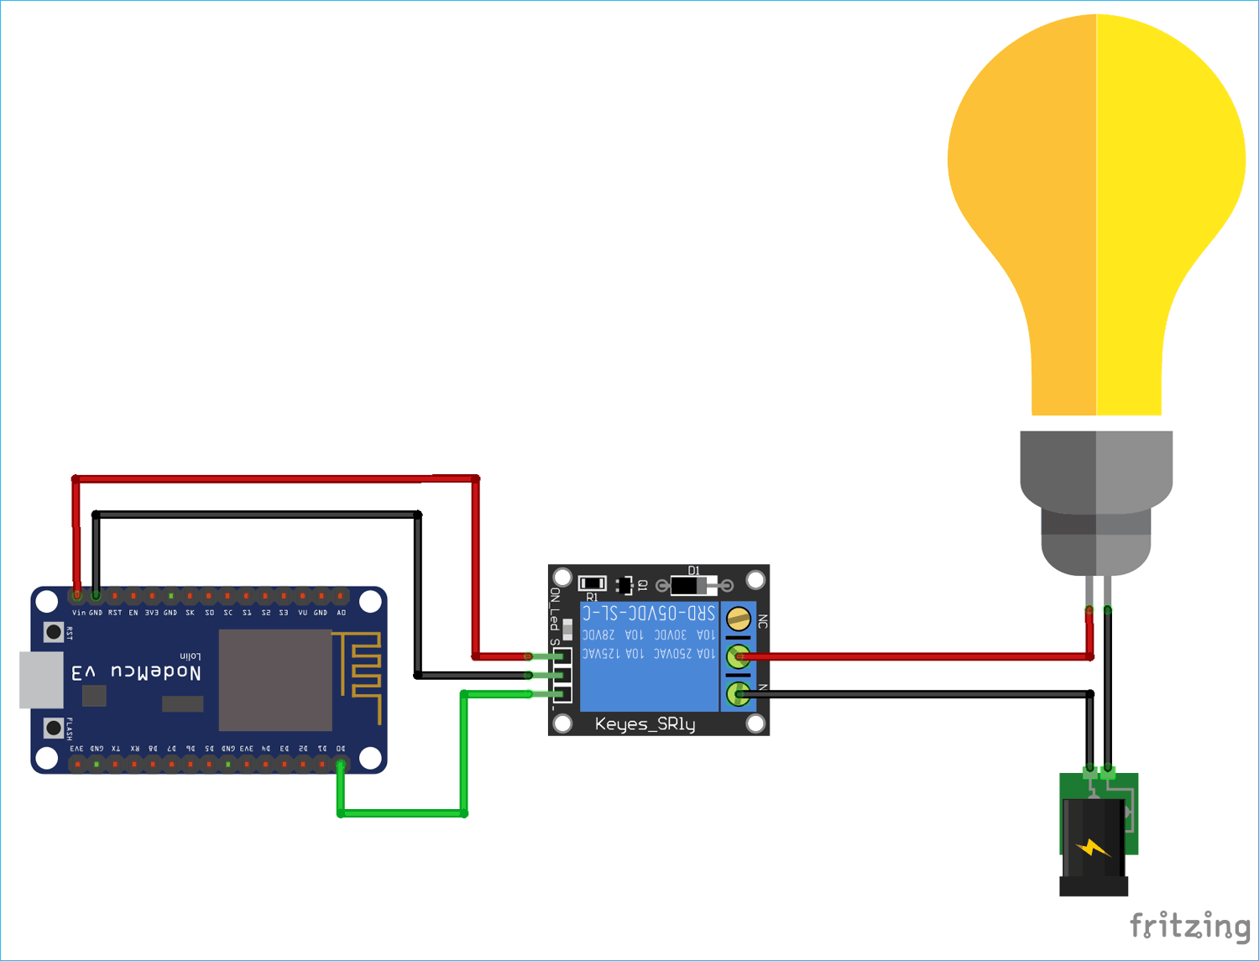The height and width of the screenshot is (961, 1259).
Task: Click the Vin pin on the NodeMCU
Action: pyautogui.click(x=77, y=595)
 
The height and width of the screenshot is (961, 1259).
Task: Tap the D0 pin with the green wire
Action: pyautogui.click(x=341, y=763)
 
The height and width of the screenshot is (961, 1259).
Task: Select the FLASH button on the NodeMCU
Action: pyautogui.click(x=54, y=727)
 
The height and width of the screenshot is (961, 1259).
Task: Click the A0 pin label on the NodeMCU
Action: pyautogui.click(x=341, y=613)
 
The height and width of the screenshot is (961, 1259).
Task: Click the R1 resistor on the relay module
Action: pyautogui.click(x=593, y=583)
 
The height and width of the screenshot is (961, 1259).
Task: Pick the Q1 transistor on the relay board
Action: pyautogui.click(x=624, y=585)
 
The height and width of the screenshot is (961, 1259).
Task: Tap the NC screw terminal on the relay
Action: pyautogui.click(x=738, y=619)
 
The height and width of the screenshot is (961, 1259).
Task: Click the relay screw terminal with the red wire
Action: pyautogui.click(x=738, y=656)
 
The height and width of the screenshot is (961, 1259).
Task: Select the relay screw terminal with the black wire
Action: pyautogui.click(x=738, y=693)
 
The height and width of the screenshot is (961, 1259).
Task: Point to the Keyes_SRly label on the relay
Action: pyautogui.click(x=645, y=723)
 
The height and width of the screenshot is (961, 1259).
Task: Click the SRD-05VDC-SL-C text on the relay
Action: pyautogui.click(x=648, y=613)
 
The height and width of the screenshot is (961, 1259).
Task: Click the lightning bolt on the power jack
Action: pyautogui.click(x=1092, y=848)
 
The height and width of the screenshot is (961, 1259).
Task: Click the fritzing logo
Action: pyautogui.click(x=1189, y=926)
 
